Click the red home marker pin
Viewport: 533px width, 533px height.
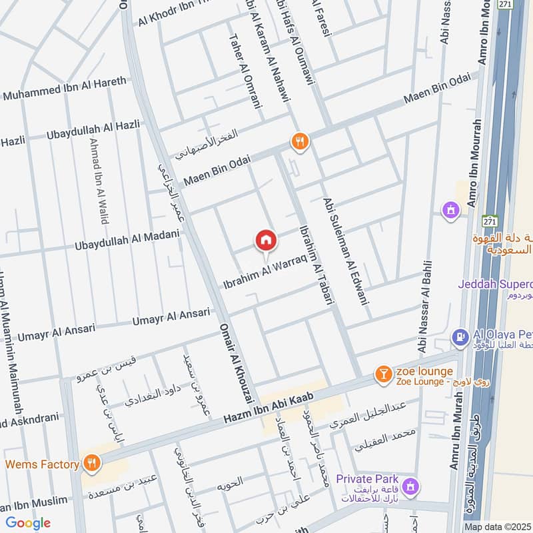click(266, 241)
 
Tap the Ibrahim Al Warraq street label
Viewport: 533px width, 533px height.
click(264, 269)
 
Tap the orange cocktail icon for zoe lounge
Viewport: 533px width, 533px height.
click(383, 374)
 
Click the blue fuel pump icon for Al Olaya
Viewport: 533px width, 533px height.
click(459, 338)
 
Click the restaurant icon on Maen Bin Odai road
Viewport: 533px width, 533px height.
click(300, 141)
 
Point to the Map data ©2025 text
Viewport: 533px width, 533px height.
click(496, 527)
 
